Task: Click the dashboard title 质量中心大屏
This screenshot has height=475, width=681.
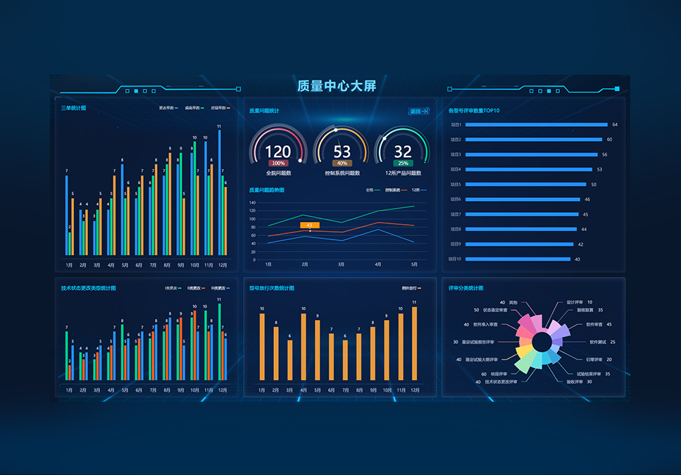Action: [337, 86]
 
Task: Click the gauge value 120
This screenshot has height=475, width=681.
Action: [277, 152]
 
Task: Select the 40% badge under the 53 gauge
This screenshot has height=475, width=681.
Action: [342, 163]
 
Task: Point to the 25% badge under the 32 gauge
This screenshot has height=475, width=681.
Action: [403, 163]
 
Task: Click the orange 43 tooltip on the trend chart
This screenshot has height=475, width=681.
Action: [310, 225]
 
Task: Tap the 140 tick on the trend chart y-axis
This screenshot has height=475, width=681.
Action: [252, 202]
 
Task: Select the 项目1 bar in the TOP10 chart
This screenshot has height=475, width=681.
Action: [535, 125]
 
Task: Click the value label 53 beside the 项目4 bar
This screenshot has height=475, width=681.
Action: [599, 169]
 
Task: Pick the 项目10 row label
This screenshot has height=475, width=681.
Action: [456, 259]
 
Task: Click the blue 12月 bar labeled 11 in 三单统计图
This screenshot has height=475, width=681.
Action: [220, 192]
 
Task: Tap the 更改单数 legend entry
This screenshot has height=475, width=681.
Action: [168, 108]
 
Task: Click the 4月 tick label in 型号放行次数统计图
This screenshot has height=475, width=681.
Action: [304, 390]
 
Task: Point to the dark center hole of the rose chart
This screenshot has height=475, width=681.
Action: [542, 342]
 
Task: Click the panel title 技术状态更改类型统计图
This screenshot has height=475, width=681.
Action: [88, 288]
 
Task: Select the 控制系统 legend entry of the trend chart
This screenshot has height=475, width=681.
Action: [392, 190]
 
